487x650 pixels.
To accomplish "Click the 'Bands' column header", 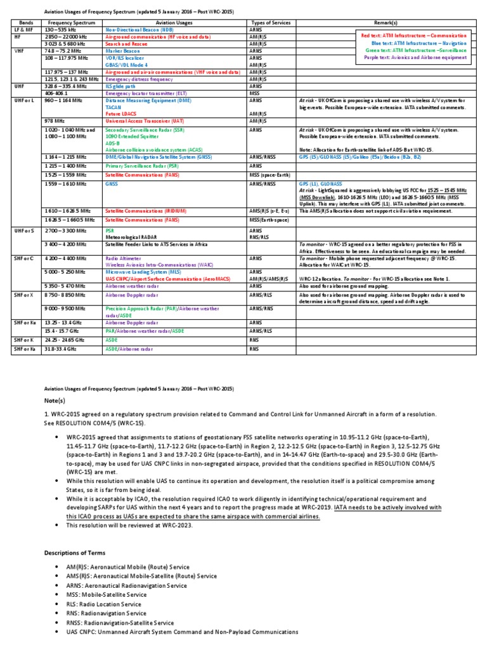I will [25, 22].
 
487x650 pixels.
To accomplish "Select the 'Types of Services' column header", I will [269, 22].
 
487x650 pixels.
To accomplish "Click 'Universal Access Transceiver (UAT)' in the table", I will [146, 121].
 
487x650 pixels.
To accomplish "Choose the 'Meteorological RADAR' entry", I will [134, 237].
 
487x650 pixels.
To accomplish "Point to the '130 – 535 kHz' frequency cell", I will [59, 30].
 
